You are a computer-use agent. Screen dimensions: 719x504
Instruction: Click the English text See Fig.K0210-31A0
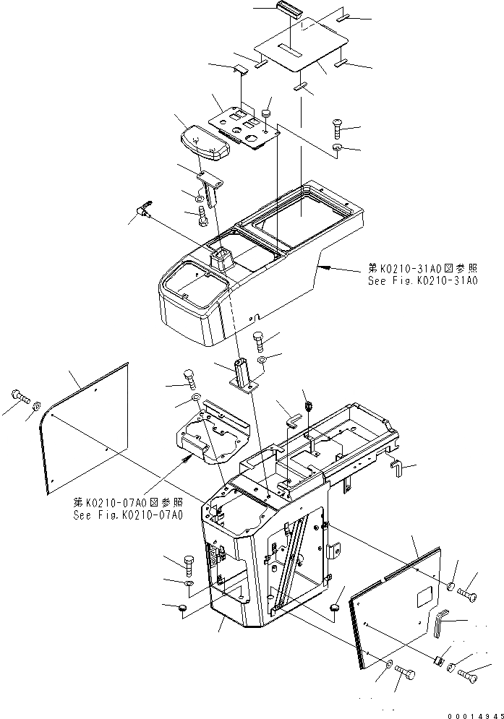pyautogui.click(x=422, y=281)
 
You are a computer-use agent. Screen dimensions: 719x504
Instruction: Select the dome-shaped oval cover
pyautogui.click(x=204, y=142)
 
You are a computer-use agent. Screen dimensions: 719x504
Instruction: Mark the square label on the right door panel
pyautogui.click(x=423, y=598)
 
